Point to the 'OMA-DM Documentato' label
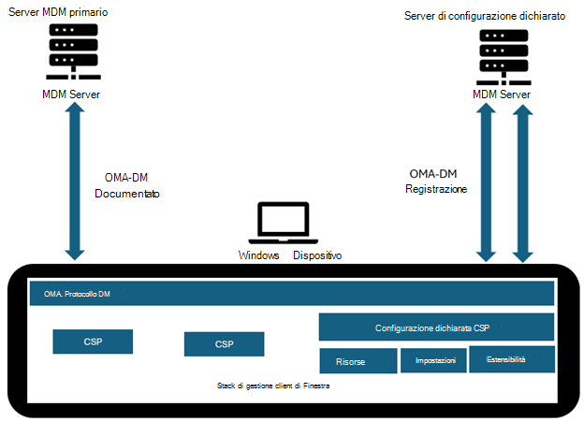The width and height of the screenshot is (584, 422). [127, 185]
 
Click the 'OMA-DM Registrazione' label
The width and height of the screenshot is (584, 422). [435, 182]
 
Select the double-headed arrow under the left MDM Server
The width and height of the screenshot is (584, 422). [72, 182]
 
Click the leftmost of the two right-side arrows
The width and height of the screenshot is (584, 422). [486, 182]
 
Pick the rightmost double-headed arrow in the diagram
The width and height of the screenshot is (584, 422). [523, 182]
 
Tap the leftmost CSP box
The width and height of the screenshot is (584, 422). [93, 341]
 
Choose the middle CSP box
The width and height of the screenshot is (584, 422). [224, 343]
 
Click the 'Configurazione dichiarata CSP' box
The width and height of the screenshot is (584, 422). [436, 327]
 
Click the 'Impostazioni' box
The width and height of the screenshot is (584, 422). [435, 360]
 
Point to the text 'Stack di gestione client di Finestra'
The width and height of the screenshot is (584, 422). [266, 386]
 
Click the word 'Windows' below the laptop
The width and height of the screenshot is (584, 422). [259, 255]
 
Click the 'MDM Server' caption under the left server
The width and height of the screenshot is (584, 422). [71, 95]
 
